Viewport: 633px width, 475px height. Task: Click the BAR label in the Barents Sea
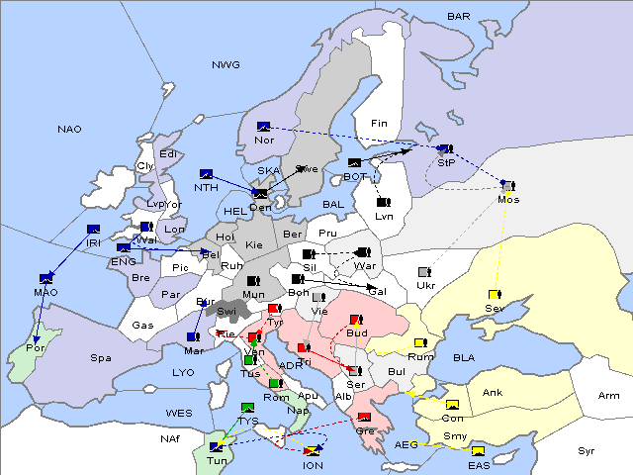[458, 17]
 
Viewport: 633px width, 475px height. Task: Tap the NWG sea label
[226, 65]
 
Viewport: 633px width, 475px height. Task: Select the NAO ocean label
[69, 130]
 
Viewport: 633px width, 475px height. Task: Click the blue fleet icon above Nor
[263, 127]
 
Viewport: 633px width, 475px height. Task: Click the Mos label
[508, 199]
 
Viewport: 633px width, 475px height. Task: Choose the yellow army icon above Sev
[493, 295]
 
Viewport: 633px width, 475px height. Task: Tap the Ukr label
[425, 286]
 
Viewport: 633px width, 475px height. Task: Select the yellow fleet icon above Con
[453, 405]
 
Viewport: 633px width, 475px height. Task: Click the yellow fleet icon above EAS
[479, 452]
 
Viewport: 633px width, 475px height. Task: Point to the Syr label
[587, 450]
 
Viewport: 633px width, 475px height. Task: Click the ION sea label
[313, 465]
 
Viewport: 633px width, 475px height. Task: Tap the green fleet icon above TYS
[248, 408]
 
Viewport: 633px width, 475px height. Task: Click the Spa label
[101, 357]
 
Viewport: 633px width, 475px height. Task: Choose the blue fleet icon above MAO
[45, 279]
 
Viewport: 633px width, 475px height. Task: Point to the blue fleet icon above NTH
[206, 174]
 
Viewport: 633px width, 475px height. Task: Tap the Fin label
[377, 124]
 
